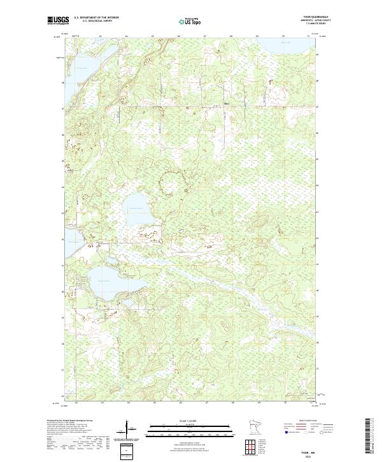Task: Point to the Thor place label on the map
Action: [226, 103]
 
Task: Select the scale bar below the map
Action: [187, 426]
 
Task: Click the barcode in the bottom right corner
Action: [370, 440]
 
